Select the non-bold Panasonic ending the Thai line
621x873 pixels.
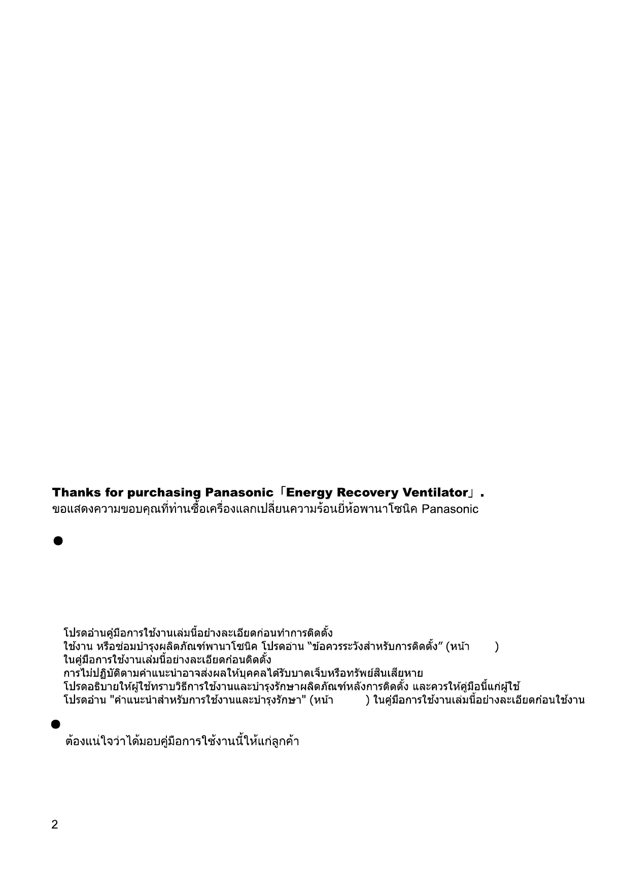pos(450,509)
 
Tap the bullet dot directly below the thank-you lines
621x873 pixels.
pos(57,541)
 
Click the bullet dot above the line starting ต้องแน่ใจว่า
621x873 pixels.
pos(56,724)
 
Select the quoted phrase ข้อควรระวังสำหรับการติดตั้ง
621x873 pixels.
pos(374,647)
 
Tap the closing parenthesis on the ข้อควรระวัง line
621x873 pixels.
pos(497,647)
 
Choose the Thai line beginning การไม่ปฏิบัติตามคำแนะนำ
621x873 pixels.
pos(243,674)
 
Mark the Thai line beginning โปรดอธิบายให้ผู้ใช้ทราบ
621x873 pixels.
pos(291,687)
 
